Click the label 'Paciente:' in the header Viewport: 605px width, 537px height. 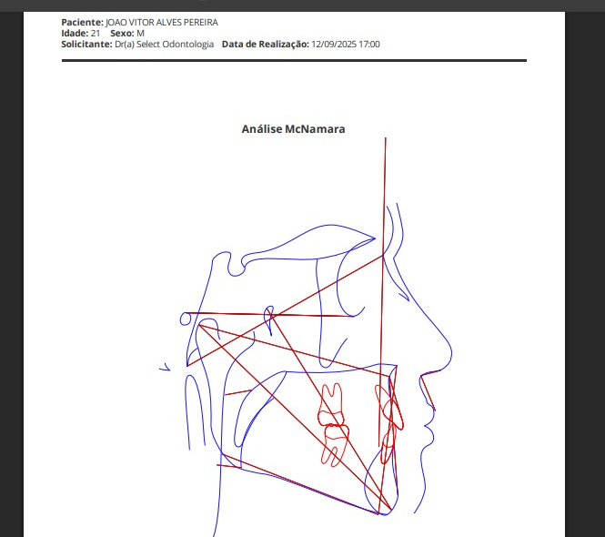[x=82, y=23]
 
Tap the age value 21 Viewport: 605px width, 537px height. [x=96, y=33]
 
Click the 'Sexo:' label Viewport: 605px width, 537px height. [x=122, y=33]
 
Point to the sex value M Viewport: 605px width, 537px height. [x=140, y=33]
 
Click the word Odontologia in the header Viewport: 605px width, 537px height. [x=188, y=45]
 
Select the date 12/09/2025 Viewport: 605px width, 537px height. [x=334, y=45]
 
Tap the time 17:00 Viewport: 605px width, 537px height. [x=369, y=45]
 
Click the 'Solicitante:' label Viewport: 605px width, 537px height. [x=86, y=45]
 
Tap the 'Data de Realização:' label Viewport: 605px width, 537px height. [x=266, y=45]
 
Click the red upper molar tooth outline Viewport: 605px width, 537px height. [x=330, y=404]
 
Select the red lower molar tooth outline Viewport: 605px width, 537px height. [x=335, y=445]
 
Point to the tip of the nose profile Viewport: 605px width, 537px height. [x=452, y=352]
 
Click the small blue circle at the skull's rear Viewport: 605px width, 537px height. [x=186, y=319]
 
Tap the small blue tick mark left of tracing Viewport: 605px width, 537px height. [x=166, y=367]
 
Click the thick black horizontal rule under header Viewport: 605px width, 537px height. [x=294, y=61]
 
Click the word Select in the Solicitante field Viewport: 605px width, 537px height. [x=148, y=45]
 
